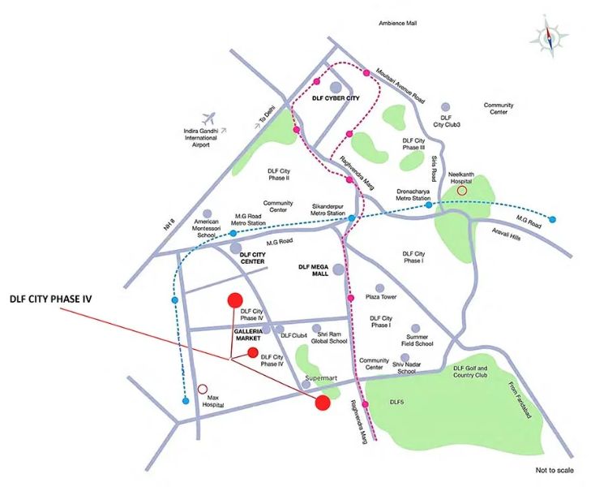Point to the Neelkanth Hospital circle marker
[x=462, y=190]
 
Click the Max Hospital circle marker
[x=202, y=389]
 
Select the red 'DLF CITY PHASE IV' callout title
[x=50, y=299]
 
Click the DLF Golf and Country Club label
[x=470, y=371]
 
